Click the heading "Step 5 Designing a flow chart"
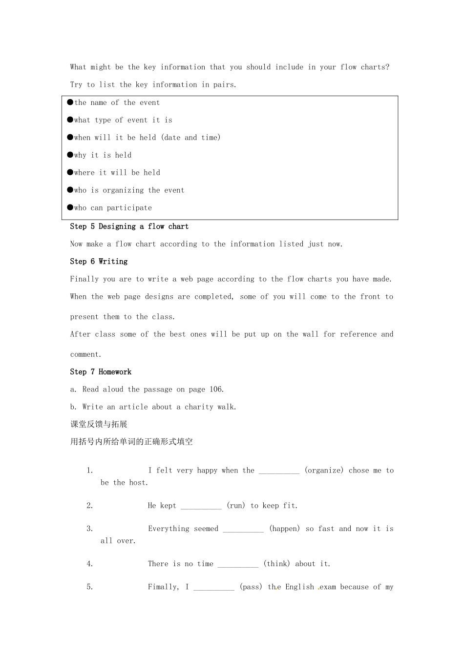(129, 226)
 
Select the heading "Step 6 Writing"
(99, 262)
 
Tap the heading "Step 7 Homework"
(101, 372)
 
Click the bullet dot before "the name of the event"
(70, 102)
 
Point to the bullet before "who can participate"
(70, 207)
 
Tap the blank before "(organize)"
(279, 471)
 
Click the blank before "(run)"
(201, 506)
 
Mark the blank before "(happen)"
(243, 529)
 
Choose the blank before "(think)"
(238, 564)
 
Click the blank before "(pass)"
(214, 588)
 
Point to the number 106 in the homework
(215, 389)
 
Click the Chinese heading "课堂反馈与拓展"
(99, 424)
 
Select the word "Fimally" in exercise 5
(163, 587)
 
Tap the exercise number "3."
(90, 529)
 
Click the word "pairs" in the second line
(224, 85)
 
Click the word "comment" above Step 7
(85, 355)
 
